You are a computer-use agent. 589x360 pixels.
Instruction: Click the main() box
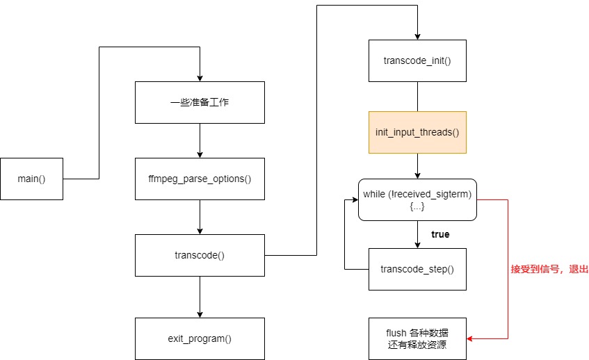[32, 179]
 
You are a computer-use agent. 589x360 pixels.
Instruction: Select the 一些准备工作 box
[200, 102]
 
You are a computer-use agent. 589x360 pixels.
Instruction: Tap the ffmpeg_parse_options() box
[200, 179]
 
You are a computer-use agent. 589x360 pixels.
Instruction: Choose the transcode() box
[200, 255]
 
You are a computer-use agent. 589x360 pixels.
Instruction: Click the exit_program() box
[200, 338]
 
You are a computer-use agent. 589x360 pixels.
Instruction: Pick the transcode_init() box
[417, 60]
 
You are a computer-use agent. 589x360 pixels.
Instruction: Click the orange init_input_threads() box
[417, 132]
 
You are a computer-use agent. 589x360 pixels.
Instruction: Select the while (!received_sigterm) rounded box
[417, 199]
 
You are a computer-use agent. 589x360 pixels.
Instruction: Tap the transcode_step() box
[417, 269]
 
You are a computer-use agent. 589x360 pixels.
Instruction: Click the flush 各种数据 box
[417, 338]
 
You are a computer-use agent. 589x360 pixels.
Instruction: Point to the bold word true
[440, 234]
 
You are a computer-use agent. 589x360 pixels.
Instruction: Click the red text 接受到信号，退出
[549, 269]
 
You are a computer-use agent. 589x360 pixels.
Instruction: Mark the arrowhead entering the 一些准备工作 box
[200, 77]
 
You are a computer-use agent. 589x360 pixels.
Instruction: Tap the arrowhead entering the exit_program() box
[200, 313]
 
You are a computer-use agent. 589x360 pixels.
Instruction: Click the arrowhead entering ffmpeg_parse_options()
[200, 154]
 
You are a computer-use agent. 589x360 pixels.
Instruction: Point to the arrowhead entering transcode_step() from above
[417, 244]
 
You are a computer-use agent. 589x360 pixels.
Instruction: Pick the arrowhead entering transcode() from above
[200, 230]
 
